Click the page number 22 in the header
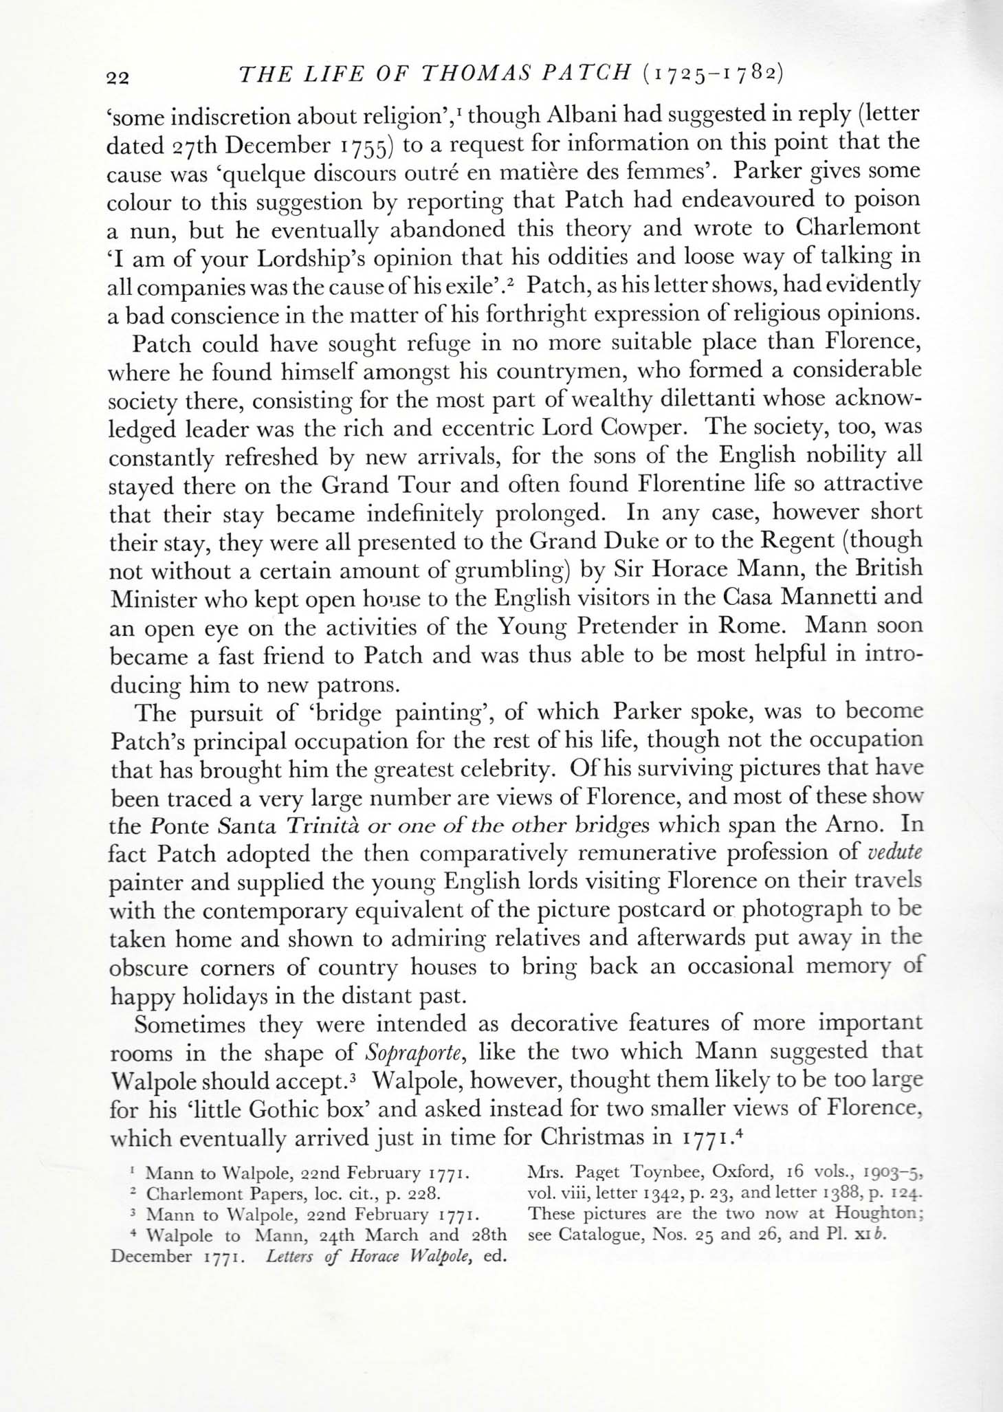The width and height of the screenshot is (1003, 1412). [x=119, y=78]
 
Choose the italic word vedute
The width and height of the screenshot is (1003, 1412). [x=894, y=852]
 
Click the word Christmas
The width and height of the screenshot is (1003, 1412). [x=597, y=1137]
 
